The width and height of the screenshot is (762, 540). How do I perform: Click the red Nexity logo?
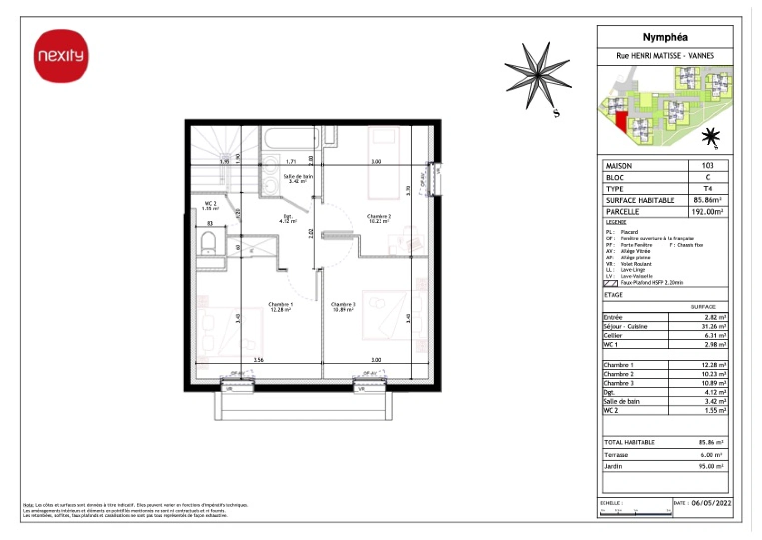pos(61,56)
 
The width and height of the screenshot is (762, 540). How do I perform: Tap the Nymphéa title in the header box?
pos(665,37)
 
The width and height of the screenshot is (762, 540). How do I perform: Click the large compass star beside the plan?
pos(538,76)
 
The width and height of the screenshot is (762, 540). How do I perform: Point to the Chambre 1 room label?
pos(280,307)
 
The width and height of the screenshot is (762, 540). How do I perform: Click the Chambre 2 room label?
pos(379,218)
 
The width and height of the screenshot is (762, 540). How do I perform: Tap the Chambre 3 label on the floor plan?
pos(343,307)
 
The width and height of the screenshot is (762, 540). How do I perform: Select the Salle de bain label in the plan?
pos(298,178)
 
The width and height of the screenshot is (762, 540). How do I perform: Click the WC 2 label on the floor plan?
pos(210,206)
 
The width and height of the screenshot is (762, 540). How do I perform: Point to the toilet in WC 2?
pos(208,243)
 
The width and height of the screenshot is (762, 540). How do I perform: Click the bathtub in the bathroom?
pos(292,138)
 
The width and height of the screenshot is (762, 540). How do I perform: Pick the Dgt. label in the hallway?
pos(288,218)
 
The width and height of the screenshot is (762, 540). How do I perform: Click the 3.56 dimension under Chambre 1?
pos(258,360)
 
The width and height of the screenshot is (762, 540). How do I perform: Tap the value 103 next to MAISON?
pos(707,165)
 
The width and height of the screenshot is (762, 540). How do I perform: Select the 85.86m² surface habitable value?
pos(707,200)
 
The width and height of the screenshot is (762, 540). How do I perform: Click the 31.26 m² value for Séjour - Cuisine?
pos(713,326)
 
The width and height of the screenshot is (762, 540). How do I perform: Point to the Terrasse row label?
pos(616,455)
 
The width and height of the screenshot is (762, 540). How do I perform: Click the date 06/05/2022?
pos(711,503)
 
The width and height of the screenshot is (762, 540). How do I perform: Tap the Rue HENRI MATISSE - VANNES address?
pos(665,56)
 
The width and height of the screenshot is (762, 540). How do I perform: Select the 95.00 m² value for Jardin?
pos(711,466)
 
